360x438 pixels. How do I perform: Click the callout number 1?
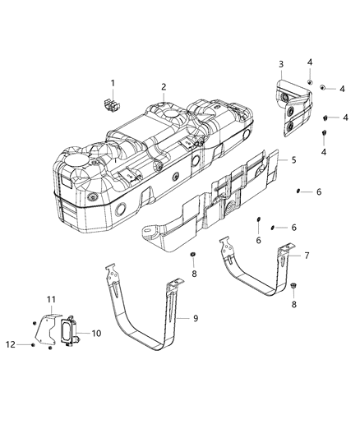click(x=113, y=82)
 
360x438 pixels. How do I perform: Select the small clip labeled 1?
click(x=107, y=104)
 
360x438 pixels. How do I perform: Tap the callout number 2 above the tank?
click(x=164, y=86)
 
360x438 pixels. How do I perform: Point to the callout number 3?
click(x=281, y=64)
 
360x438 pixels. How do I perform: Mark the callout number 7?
click(x=307, y=256)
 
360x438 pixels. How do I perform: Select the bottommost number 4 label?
click(x=323, y=152)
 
